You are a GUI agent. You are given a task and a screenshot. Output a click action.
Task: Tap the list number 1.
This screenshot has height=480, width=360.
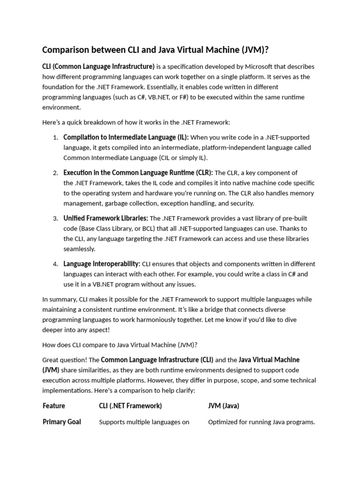tap(55, 138)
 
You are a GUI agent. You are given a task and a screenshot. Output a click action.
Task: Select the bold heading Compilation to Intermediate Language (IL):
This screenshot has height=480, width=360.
tap(126, 137)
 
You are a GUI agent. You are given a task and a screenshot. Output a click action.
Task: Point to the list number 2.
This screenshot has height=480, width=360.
tap(55, 173)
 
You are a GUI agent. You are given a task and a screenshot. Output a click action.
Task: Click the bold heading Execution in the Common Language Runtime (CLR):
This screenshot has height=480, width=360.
tap(138, 172)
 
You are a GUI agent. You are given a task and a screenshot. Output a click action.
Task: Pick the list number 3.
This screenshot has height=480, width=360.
tap(55, 218)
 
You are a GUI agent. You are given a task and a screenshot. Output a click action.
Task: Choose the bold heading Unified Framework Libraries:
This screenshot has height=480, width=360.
tap(105, 218)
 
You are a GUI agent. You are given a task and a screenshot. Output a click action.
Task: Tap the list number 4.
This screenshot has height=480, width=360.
tap(55, 264)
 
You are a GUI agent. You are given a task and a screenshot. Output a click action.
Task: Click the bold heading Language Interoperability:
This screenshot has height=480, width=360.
tap(102, 263)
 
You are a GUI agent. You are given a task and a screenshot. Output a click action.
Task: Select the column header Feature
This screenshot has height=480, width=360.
tap(54, 406)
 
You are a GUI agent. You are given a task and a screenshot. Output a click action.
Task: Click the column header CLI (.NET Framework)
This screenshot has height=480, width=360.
tap(130, 406)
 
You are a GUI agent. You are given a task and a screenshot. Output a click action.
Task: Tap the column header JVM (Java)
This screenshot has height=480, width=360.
tap(224, 406)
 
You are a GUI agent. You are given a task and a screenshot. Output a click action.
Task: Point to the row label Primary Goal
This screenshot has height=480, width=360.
tap(62, 422)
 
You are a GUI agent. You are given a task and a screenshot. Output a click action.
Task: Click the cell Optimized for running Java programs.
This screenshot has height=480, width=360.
tap(262, 422)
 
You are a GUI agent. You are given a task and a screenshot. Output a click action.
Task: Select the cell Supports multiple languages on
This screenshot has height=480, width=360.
tap(144, 422)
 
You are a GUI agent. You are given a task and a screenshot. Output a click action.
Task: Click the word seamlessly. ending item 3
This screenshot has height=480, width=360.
tap(79, 249)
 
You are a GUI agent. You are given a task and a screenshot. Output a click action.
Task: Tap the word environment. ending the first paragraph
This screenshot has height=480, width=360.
tap(61, 107)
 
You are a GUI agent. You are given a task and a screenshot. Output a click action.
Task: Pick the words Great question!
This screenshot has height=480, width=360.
tap(64, 360)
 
